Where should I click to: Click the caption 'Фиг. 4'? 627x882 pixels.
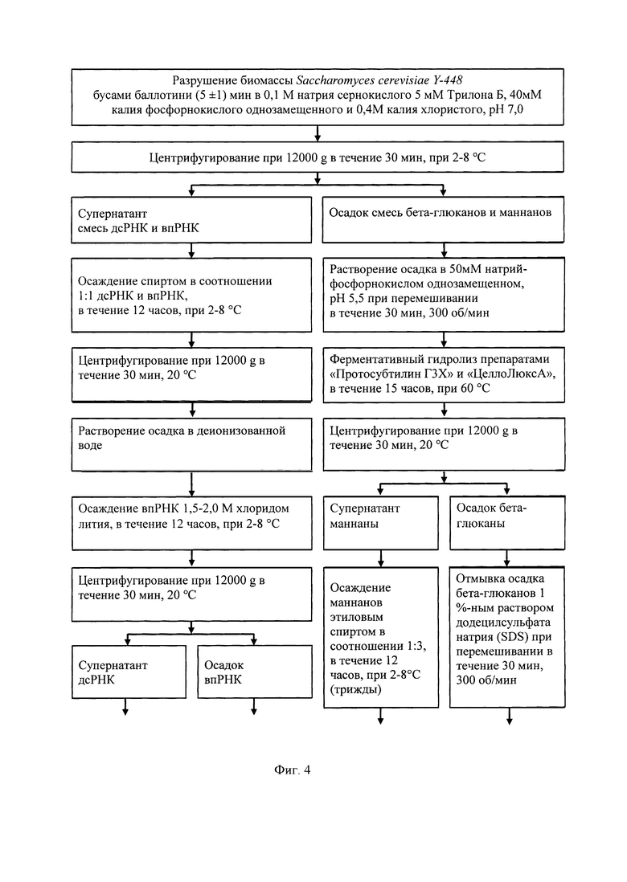[x=292, y=770]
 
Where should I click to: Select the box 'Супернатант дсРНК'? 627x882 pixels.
[x=129, y=672]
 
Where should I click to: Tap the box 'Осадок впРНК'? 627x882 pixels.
[x=254, y=672]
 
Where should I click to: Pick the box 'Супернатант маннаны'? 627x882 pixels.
[x=380, y=523]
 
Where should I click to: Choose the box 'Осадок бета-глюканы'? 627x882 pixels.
[x=507, y=523]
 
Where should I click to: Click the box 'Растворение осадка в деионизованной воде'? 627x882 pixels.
[x=191, y=444]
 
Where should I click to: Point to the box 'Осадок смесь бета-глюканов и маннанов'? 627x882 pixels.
[x=443, y=219]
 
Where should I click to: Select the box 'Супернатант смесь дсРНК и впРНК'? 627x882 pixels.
[x=191, y=219]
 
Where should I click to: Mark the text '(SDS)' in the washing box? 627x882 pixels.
[x=511, y=637]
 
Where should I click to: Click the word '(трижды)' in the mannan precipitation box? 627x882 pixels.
[x=356, y=689]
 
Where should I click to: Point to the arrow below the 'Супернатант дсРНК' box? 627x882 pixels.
[x=125, y=707]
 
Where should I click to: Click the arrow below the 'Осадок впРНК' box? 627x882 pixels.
[x=254, y=707]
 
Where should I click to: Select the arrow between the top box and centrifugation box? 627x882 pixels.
[x=318, y=133]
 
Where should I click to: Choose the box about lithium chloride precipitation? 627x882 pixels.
[x=192, y=523]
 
